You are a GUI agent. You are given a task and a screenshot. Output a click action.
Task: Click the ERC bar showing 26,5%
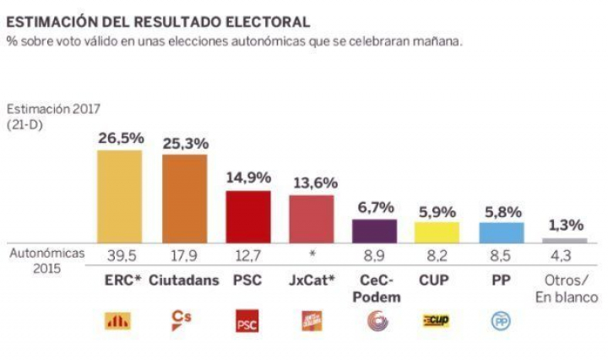click(x=120, y=196)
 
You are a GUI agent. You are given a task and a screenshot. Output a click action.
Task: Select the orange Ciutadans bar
click(x=184, y=199)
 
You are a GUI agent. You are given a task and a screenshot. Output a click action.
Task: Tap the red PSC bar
click(x=248, y=216)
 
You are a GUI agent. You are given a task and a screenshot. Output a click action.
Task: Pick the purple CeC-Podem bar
click(x=374, y=231)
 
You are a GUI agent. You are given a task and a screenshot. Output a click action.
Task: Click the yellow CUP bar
click(x=438, y=232)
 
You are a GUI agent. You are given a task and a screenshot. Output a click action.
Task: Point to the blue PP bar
click(x=502, y=232)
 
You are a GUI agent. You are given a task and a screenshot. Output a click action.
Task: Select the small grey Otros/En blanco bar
click(x=565, y=241)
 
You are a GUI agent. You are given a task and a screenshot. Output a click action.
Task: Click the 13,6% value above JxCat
click(x=311, y=181)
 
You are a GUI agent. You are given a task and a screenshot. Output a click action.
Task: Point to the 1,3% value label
click(x=565, y=226)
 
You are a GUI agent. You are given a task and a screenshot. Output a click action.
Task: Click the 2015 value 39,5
click(x=120, y=257)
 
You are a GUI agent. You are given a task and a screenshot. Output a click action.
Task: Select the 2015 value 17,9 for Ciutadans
click(x=184, y=257)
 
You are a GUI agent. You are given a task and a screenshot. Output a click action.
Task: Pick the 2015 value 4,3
click(x=565, y=257)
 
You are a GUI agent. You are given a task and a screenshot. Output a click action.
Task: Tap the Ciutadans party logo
click(x=183, y=319)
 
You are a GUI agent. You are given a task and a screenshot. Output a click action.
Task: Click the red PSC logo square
click(x=247, y=322)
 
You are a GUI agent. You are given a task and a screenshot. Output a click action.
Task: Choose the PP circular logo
click(x=501, y=322)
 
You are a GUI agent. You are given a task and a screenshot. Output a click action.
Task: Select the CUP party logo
click(x=437, y=321)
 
